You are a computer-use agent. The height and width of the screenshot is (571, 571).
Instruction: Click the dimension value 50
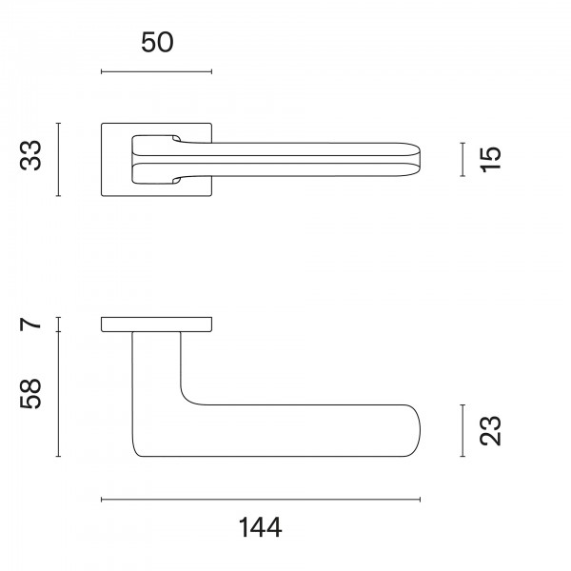tap(157, 43)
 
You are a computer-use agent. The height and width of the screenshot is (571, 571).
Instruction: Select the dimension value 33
tap(32, 157)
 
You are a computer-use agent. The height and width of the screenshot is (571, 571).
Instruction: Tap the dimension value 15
tap(489, 159)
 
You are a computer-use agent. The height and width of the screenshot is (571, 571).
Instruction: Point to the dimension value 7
tap(32, 325)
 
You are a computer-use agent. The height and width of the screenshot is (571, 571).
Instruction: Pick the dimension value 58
tap(32, 394)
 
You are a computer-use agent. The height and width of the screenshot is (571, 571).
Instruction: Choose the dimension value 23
tap(489, 430)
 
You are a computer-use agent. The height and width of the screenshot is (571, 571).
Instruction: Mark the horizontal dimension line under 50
tap(157, 71)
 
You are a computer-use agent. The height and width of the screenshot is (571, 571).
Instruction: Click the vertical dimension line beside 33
tap(59, 159)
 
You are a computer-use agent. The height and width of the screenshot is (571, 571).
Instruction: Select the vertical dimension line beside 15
tap(463, 159)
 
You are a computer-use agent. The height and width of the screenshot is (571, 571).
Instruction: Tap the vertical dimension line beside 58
tap(59, 394)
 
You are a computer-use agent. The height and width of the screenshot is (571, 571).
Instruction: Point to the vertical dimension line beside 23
tap(463, 430)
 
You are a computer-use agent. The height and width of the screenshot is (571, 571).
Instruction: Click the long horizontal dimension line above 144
tap(260, 499)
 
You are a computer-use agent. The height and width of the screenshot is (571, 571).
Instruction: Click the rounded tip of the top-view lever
tap(417, 159)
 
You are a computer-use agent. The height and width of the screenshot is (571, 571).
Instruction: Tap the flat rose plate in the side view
tap(156, 325)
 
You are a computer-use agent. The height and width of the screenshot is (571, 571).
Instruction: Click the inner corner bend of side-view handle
tap(187, 400)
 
